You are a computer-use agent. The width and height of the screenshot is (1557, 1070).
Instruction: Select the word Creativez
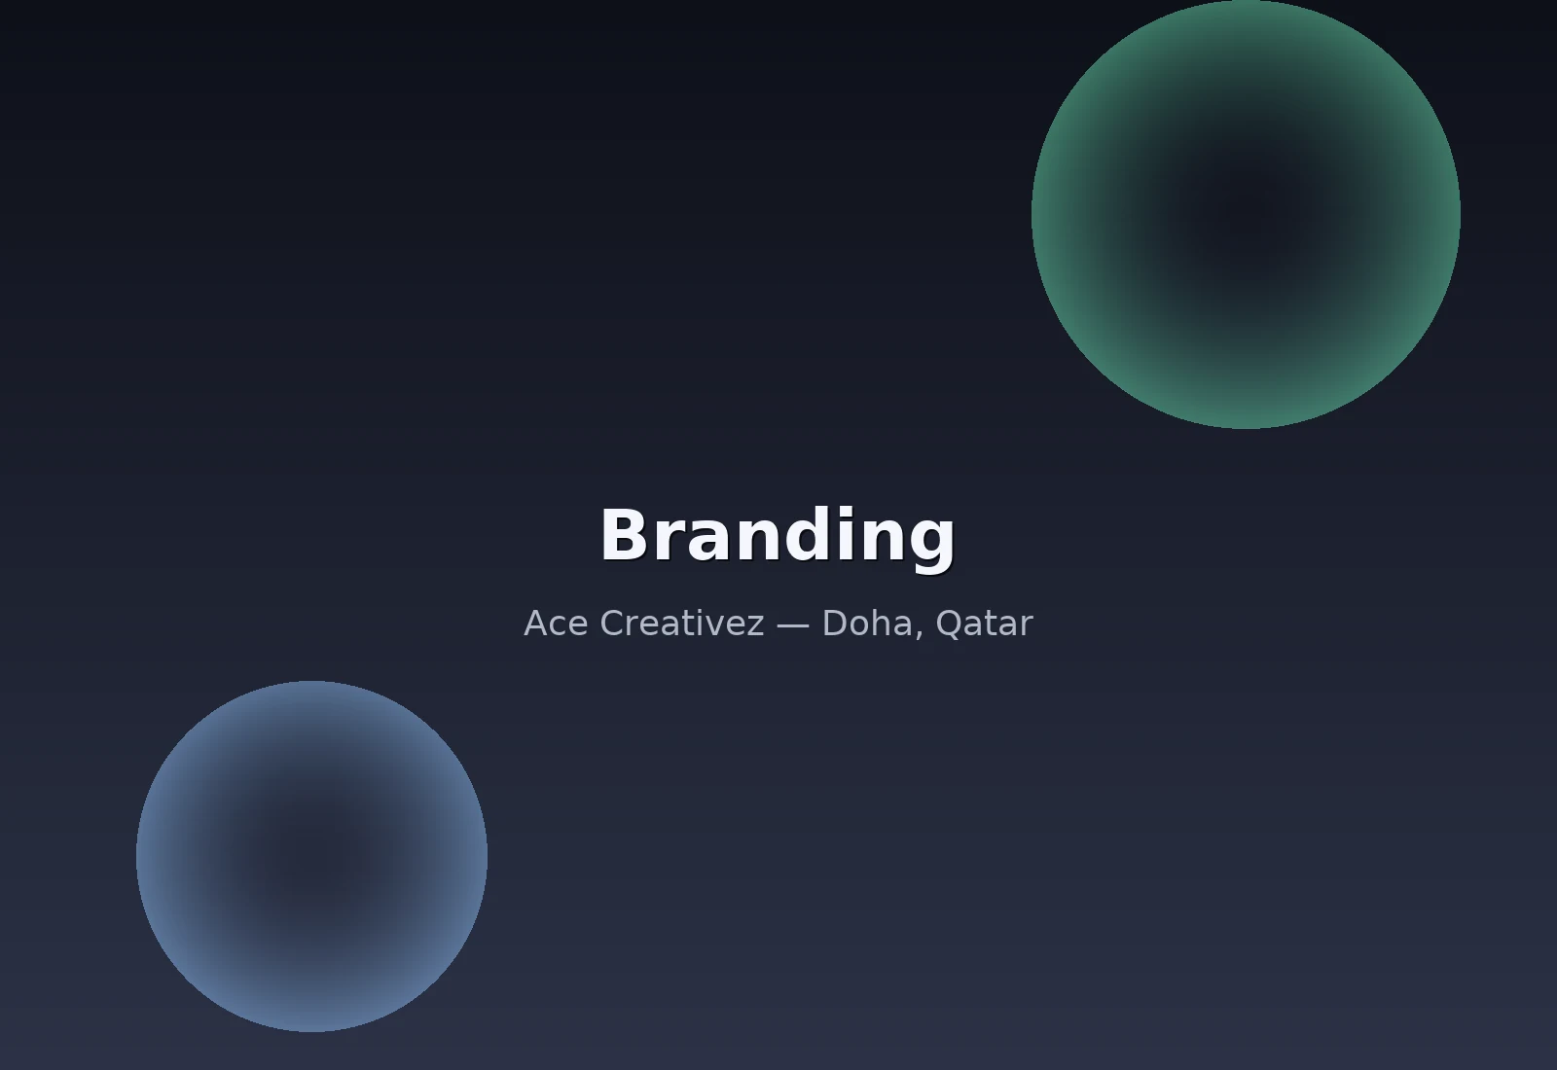682,624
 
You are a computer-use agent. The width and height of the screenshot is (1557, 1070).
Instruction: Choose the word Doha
867,623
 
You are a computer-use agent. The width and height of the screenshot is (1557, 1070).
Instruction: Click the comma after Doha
920,633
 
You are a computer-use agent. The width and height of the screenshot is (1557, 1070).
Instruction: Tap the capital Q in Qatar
950,624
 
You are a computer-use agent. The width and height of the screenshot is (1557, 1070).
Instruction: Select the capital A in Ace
536,624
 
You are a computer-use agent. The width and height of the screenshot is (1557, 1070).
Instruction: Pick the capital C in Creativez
612,624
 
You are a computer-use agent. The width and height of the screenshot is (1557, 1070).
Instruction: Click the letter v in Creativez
714,626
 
